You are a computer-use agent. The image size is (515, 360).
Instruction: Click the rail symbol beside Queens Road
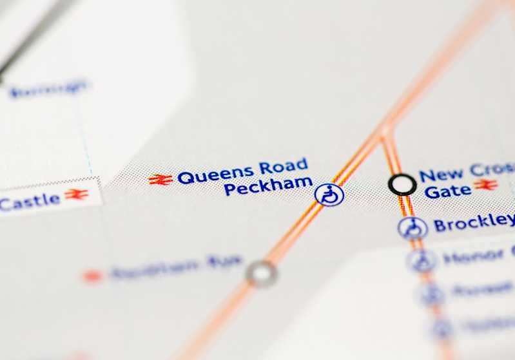[160, 179]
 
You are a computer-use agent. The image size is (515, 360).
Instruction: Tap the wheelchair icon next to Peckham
[329, 194]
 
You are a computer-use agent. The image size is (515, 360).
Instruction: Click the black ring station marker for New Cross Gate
[402, 185]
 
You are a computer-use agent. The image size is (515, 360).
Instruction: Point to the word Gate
[447, 191]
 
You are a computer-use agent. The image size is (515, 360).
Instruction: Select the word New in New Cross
[441, 175]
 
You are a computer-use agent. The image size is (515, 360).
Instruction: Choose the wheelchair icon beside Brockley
[413, 227]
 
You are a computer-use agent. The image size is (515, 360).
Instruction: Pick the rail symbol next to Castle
[76, 194]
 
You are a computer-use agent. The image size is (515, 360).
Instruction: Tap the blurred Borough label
[48, 88]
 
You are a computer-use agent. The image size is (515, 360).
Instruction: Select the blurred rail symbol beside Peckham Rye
[92, 276]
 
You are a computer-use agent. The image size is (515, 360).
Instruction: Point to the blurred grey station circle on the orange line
[262, 273]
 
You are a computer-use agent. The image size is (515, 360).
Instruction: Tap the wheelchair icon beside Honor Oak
[422, 260]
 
